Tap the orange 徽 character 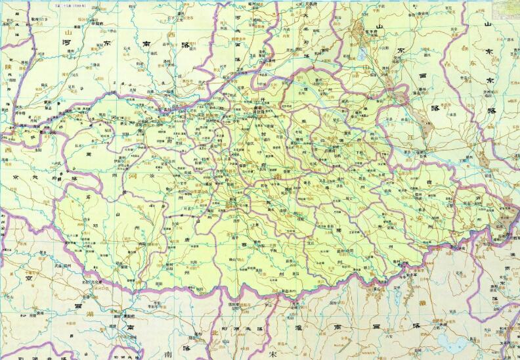tap(420, 304)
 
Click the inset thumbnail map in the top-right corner tap(509, 5)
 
